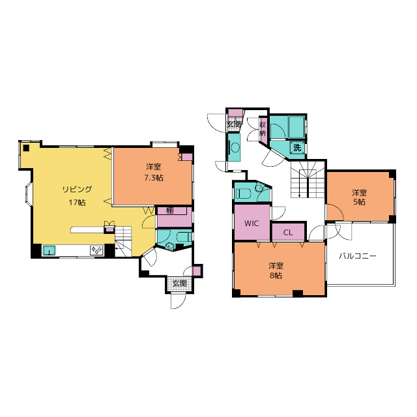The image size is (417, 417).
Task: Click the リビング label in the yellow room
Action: tap(77, 190)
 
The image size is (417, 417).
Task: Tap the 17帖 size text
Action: tap(77, 203)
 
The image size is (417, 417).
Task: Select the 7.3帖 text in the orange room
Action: tap(154, 178)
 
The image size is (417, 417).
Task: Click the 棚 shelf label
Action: tap(169, 210)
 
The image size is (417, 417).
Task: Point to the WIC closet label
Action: tap(252, 223)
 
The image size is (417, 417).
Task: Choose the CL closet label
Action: tap(288, 233)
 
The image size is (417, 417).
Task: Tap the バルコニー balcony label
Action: tap(358, 256)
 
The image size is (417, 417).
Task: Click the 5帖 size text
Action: tap(359, 202)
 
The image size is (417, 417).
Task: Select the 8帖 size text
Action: tap(276, 275)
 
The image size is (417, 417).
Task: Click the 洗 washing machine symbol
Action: tap(297, 147)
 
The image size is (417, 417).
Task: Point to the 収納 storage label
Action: tap(263, 129)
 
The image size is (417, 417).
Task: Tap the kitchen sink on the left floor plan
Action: tap(50, 250)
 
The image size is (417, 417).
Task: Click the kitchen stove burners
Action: tap(96, 250)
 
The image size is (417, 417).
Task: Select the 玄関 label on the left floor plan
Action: tap(180, 283)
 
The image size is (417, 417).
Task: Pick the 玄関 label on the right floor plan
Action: tap(234, 124)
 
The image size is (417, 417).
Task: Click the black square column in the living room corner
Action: tap(26, 148)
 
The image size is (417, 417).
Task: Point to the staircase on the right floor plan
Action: tap(308, 179)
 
